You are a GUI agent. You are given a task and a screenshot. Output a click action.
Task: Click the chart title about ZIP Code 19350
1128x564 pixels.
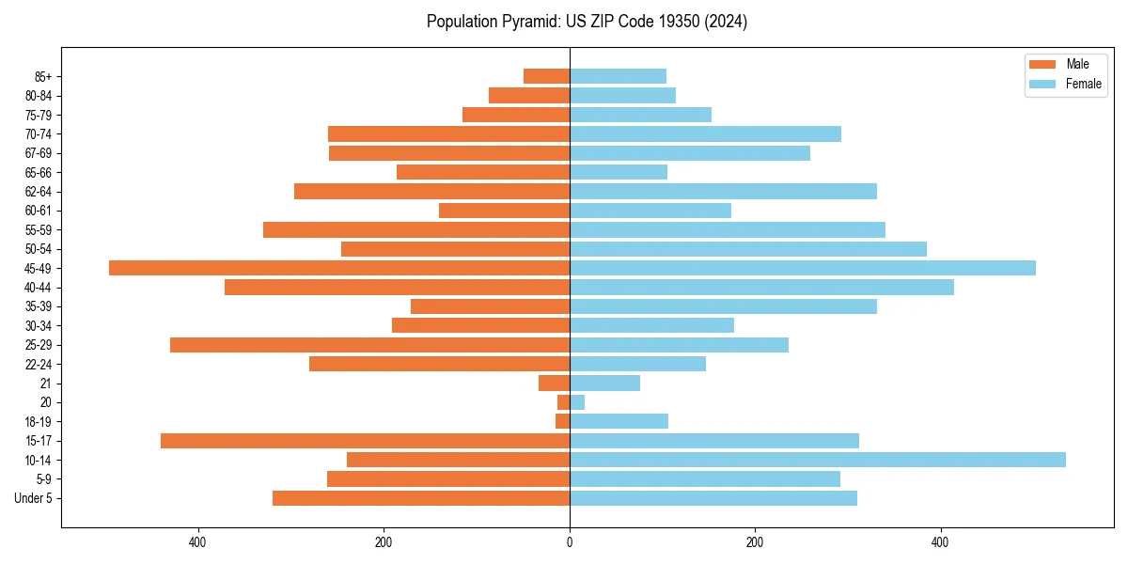pyautogui.click(x=587, y=22)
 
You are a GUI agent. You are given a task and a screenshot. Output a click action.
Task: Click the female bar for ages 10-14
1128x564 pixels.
pyautogui.click(x=817, y=460)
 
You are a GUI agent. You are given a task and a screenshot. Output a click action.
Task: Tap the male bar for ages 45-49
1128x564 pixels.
pyautogui.click(x=339, y=268)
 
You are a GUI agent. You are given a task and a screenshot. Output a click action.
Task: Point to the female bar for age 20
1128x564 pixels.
pyautogui.click(x=577, y=402)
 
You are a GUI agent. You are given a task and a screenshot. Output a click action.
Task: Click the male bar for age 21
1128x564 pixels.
pyautogui.click(x=554, y=384)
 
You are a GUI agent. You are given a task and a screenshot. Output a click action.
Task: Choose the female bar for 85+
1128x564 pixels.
pyautogui.click(x=618, y=76)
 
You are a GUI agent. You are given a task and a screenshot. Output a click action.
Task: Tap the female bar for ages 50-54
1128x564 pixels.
pyautogui.click(x=747, y=249)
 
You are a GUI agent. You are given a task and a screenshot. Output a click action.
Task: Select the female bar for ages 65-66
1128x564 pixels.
pyautogui.click(x=619, y=172)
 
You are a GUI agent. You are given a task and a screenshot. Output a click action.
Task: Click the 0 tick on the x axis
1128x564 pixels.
pyautogui.click(x=570, y=542)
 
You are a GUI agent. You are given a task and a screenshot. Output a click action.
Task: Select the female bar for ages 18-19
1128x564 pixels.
pyautogui.click(x=619, y=421)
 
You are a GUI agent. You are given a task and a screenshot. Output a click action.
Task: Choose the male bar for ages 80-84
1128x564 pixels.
pyautogui.click(x=529, y=95)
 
